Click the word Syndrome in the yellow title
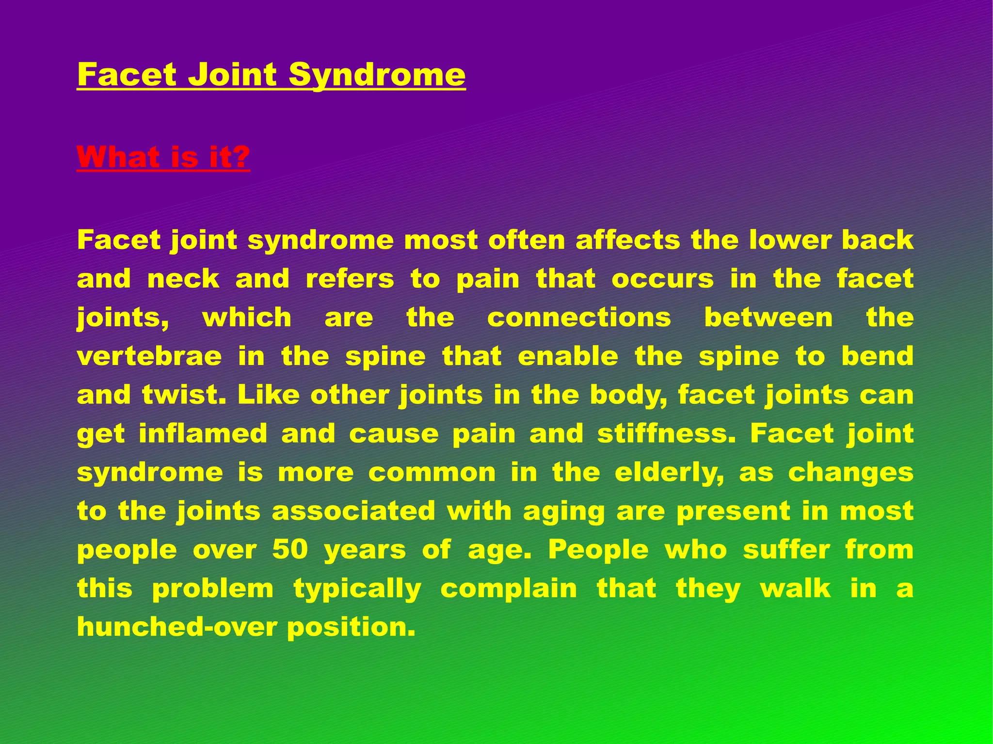click(x=377, y=75)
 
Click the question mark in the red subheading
click(x=240, y=157)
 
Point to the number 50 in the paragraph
click(x=290, y=550)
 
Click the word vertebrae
click(x=149, y=357)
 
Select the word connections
click(x=579, y=318)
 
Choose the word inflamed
click(x=203, y=434)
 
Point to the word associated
click(x=353, y=511)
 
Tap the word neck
click(x=183, y=279)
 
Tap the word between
click(x=768, y=318)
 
